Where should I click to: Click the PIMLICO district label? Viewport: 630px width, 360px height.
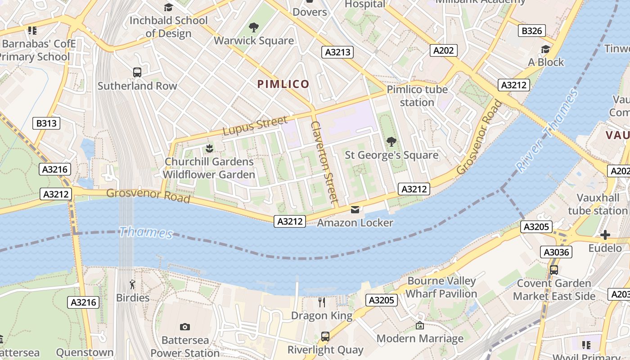click(x=283, y=84)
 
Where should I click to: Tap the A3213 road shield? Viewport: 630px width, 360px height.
click(x=337, y=52)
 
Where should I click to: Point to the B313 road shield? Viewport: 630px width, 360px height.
click(x=46, y=123)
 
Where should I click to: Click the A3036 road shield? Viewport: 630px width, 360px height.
click(x=556, y=252)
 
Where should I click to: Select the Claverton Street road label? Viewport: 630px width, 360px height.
click(x=324, y=161)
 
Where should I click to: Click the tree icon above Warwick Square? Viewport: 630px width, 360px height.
click(x=254, y=27)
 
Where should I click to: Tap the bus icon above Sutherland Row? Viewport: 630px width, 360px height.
click(x=137, y=72)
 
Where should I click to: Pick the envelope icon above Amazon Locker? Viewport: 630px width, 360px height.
click(x=355, y=210)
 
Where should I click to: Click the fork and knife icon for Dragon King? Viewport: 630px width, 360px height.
click(x=322, y=302)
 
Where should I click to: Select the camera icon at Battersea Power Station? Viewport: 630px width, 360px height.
click(x=184, y=327)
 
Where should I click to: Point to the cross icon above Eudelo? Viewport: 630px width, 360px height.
click(x=605, y=235)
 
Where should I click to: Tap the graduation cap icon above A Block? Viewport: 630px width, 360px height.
click(x=545, y=49)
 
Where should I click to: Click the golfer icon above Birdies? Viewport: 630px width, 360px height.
click(x=132, y=284)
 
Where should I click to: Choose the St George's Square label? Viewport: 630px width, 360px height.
click(x=391, y=155)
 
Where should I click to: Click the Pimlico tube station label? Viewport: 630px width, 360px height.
click(x=417, y=95)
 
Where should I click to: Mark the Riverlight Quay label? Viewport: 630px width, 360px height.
click(x=325, y=350)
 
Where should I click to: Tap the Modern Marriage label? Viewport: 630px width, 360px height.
click(x=420, y=338)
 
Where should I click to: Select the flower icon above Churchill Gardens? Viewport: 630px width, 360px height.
click(x=209, y=148)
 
